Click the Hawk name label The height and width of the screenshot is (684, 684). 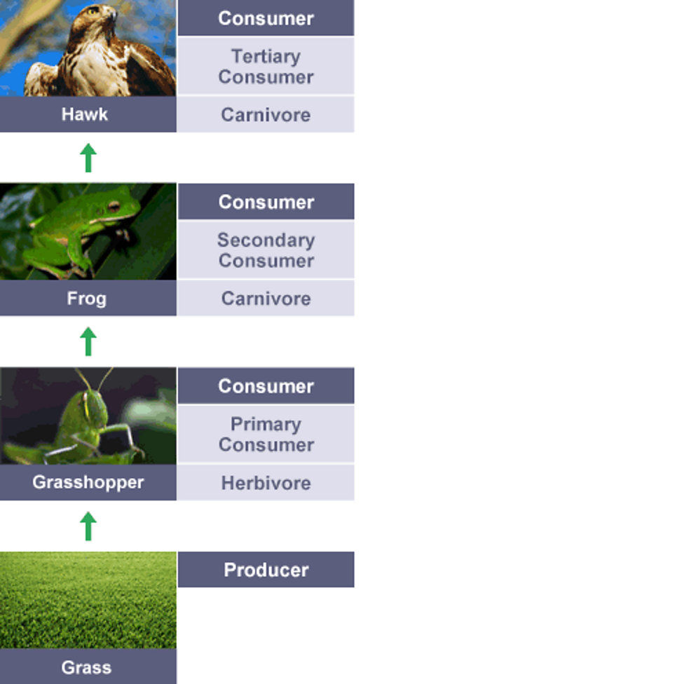point(85,114)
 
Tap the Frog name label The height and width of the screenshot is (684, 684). point(87,299)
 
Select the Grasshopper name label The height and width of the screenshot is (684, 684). point(88,482)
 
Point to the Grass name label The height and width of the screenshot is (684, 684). point(86,666)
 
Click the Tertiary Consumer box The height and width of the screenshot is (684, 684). point(266,67)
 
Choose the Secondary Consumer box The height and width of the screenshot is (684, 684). point(266,250)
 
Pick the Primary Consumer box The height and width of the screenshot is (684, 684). point(266,435)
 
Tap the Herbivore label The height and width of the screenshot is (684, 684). point(266,483)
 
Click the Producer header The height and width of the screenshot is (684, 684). point(266,570)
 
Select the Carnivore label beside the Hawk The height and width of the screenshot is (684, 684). point(266,115)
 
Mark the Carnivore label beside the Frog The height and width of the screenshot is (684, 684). point(266,299)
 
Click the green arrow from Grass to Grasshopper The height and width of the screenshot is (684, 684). point(88,526)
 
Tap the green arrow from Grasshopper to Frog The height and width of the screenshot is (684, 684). point(88,341)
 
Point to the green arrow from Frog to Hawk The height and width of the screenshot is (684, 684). point(88,158)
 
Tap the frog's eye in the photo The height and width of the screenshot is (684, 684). point(112,206)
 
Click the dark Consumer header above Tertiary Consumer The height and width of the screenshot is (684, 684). point(266,18)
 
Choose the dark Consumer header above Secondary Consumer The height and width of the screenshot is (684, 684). point(266,202)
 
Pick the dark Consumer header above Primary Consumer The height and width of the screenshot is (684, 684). point(266,386)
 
